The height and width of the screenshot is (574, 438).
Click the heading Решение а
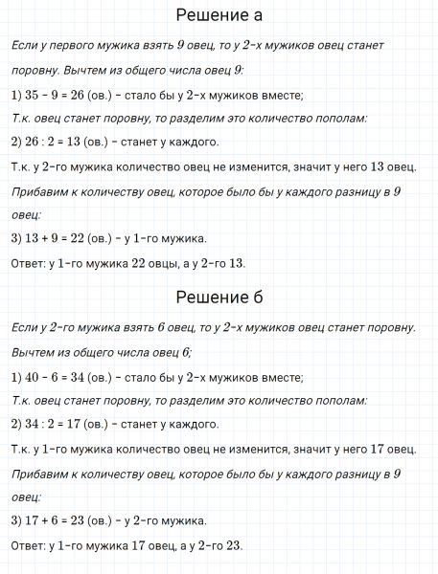[x=219, y=16]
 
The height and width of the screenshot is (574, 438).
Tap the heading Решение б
[x=219, y=294]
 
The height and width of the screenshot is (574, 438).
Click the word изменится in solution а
[x=285, y=167]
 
